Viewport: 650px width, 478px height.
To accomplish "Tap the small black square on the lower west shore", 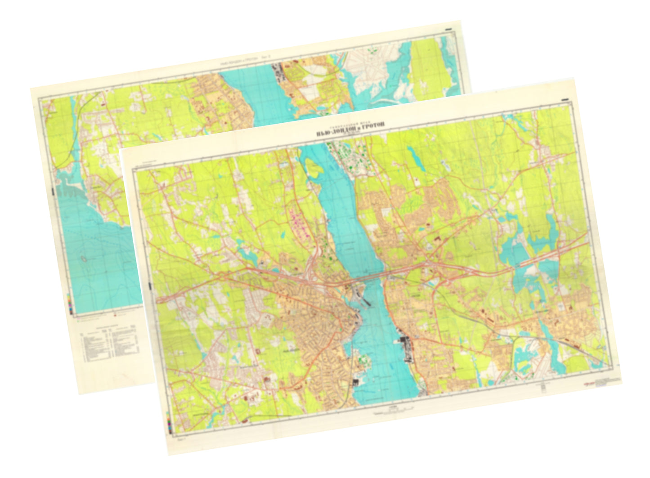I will tap(355, 383).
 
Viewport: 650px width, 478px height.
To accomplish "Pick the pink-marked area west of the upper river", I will tap(299, 220).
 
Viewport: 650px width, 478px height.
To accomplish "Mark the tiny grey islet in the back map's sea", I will tap(84, 259).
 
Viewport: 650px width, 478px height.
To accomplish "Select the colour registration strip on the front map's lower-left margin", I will tap(169, 425).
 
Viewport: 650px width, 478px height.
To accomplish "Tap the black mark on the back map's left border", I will tap(53, 191).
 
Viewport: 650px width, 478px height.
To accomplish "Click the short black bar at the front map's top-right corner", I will tap(566, 99).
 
